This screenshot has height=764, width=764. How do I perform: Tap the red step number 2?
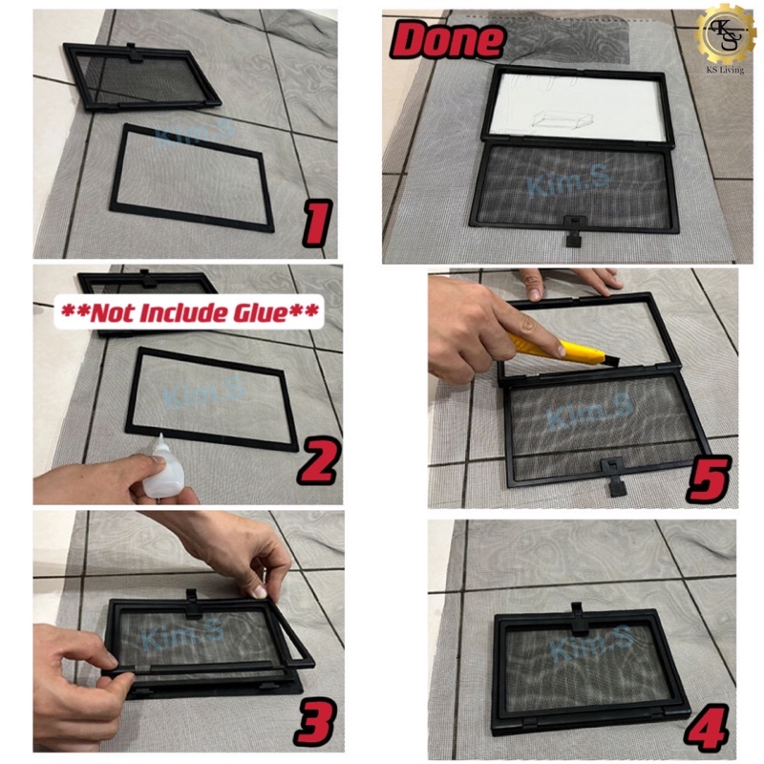tap(315, 462)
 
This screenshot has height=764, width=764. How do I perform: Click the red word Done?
tap(446, 41)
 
